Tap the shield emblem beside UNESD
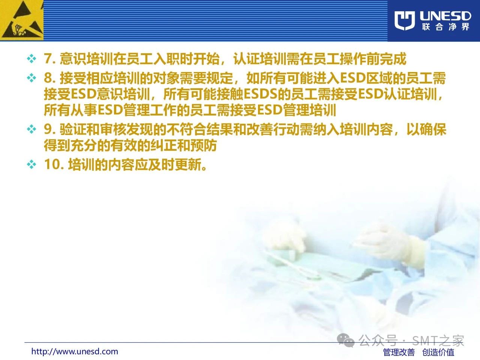[405, 20]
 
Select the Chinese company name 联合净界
[445, 27]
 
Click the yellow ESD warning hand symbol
[22, 20]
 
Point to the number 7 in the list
[48, 59]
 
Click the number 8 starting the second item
[48, 78]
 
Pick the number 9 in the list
[48, 129]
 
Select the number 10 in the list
[52, 164]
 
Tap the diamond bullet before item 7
[31, 59]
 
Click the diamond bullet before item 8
[31, 78]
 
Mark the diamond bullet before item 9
[31, 129]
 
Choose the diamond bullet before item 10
[31, 164]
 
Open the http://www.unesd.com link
[75, 351]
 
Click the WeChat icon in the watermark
[346, 340]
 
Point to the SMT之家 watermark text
[438, 340]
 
